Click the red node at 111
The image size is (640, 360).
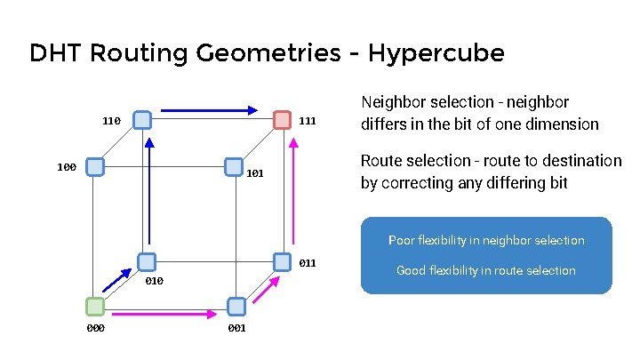(282, 120)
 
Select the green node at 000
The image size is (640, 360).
(95, 307)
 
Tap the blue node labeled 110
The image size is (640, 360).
(141, 120)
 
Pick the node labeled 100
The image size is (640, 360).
(96, 166)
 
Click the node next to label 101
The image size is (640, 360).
(234, 166)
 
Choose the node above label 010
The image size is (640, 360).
(148, 261)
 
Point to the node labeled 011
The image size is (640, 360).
(283, 261)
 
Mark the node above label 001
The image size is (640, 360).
(236, 307)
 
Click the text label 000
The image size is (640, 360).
(95, 328)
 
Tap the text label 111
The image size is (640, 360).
(307, 120)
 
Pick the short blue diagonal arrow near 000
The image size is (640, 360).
(116, 281)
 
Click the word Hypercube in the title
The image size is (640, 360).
(436, 53)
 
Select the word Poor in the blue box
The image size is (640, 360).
(400, 240)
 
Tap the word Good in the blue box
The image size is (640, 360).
(411, 270)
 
